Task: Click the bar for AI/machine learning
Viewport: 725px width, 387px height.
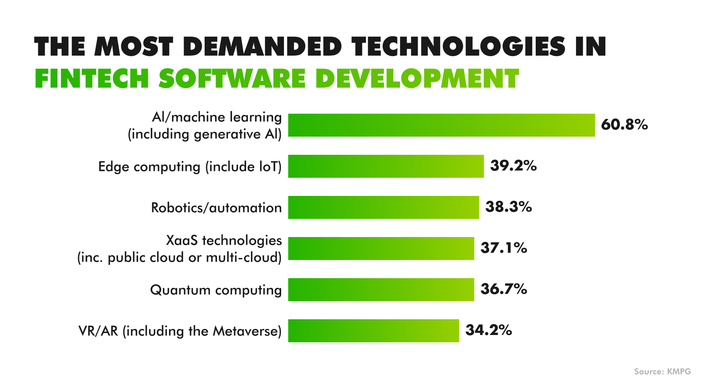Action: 441,125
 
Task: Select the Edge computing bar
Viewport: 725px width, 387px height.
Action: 386,166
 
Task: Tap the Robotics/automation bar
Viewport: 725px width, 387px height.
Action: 383,207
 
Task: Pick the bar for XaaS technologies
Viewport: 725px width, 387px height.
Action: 381,248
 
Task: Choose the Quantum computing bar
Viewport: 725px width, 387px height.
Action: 381,289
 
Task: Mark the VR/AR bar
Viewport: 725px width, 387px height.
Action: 373,331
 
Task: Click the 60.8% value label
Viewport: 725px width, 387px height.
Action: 624,125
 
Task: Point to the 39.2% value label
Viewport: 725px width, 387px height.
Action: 513,166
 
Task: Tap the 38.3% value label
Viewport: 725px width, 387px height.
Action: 508,207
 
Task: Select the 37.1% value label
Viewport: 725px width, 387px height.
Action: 503,248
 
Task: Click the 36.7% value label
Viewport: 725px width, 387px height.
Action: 503,289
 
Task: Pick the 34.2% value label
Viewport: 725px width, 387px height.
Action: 489,330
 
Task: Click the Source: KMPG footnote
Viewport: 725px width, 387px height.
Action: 662,371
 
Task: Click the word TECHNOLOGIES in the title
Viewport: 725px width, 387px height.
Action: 458,46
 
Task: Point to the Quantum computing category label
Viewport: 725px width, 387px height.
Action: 216,290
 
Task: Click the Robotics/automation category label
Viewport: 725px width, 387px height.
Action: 216,208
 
